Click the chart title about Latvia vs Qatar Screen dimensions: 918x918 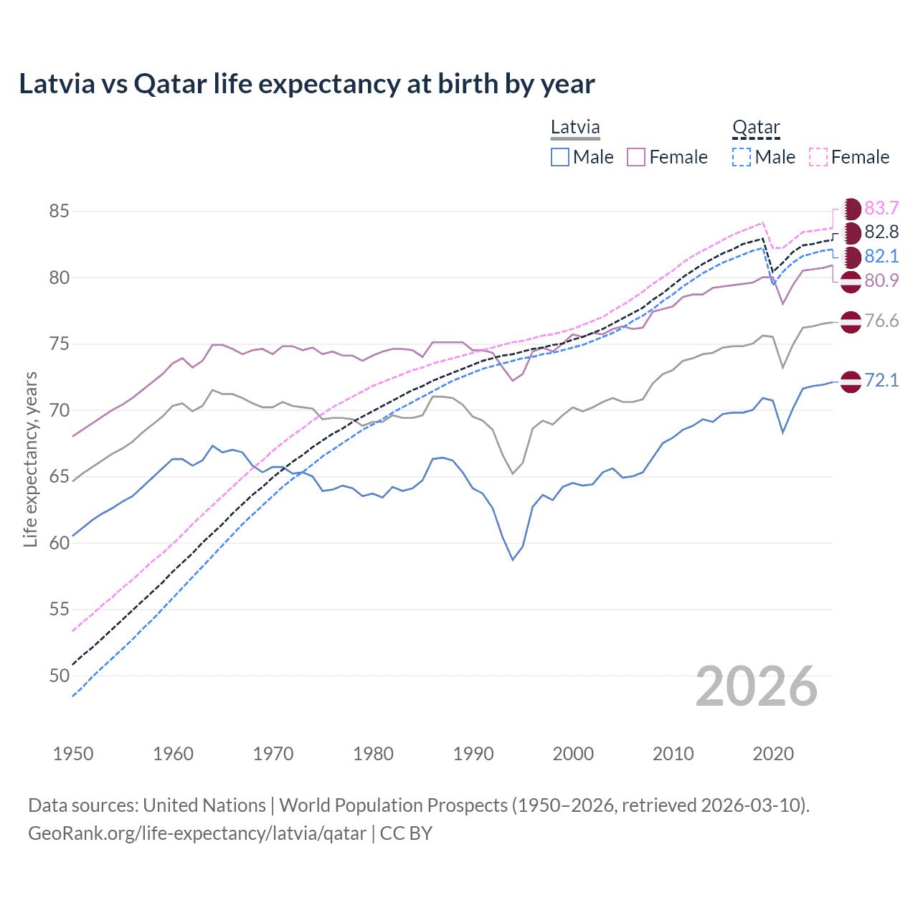click(306, 84)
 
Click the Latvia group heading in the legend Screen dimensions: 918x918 click(574, 128)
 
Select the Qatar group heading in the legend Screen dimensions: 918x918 click(755, 128)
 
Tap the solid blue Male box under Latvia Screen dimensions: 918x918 click(560, 157)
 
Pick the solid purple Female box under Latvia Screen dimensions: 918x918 click(636, 157)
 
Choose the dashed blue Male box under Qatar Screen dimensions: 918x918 click(742, 157)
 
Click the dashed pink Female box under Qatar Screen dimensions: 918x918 click(818, 157)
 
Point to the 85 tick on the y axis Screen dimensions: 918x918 click(59, 212)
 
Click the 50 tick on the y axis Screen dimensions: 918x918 click(59, 676)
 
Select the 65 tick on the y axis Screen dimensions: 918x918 click(59, 477)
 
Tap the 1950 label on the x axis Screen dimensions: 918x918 click(73, 754)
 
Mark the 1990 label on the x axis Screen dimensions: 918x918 click(473, 754)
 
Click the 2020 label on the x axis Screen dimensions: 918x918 click(773, 754)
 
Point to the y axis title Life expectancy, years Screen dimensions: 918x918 click(30, 459)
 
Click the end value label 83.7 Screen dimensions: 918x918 click(881, 208)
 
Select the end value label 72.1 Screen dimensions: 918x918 click(881, 380)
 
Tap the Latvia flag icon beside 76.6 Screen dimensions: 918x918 click(851, 322)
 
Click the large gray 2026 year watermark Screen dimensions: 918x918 click(756, 686)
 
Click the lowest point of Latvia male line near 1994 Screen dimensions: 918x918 click(513, 559)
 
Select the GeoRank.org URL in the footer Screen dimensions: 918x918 click(197, 833)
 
